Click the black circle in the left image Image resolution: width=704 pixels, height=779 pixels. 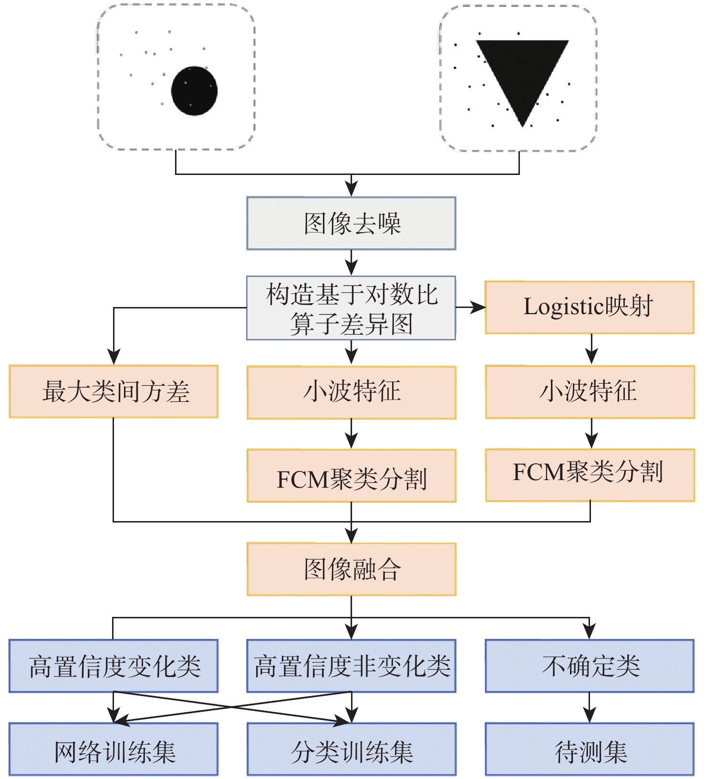(194, 91)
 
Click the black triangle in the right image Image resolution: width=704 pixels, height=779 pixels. (523, 72)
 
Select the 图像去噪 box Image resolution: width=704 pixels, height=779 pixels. (351, 223)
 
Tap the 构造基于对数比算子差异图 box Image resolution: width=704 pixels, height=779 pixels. (351, 308)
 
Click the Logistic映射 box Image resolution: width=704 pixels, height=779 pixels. (590, 307)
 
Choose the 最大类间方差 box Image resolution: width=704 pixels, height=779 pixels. (114, 391)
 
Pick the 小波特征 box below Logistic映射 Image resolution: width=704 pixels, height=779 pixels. (590, 392)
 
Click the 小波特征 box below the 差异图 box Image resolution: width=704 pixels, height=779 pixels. (352, 392)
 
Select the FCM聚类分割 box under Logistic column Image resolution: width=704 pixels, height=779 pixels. (590, 475)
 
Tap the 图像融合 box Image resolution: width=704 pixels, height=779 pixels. (352, 569)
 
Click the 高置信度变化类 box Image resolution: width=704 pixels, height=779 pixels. (114, 666)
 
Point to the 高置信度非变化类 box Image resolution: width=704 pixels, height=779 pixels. (352, 666)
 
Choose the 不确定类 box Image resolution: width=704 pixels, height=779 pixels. (590, 666)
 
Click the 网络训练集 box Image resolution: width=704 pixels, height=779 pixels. (114, 749)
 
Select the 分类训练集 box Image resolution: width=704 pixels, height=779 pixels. (352, 749)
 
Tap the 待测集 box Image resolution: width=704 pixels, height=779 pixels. (590, 749)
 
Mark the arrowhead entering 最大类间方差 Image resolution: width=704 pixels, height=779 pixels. (114, 357)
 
